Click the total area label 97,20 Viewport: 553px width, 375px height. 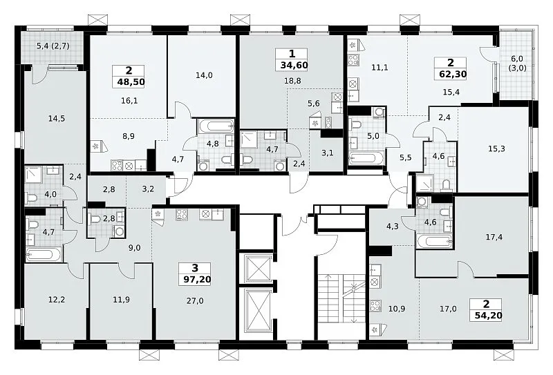[x=197, y=280]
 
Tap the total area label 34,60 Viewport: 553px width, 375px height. [x=294, y=65]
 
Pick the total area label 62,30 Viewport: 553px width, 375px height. [x=453, y=74]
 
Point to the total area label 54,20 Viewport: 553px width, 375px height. [x=488, y=315]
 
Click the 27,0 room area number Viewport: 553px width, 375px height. [x=195, y=300]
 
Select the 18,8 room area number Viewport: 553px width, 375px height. [x=292, y=81]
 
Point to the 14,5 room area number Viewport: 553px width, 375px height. [x=57, y=118]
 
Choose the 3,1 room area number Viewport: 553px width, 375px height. [x=328, y=153]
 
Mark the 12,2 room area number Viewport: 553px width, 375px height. [x=57, y=300]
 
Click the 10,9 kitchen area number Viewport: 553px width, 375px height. [x=396, y=309]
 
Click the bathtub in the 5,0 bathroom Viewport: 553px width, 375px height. [x=366, y=159]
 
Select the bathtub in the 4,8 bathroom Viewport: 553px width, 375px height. [x=216, y=125]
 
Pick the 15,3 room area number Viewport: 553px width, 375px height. [x=496, y=149]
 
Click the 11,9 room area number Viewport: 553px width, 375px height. [x=121, y=300]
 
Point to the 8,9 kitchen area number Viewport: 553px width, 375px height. [x=129, y=136]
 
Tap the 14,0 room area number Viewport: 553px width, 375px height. [x=204, y=75]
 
